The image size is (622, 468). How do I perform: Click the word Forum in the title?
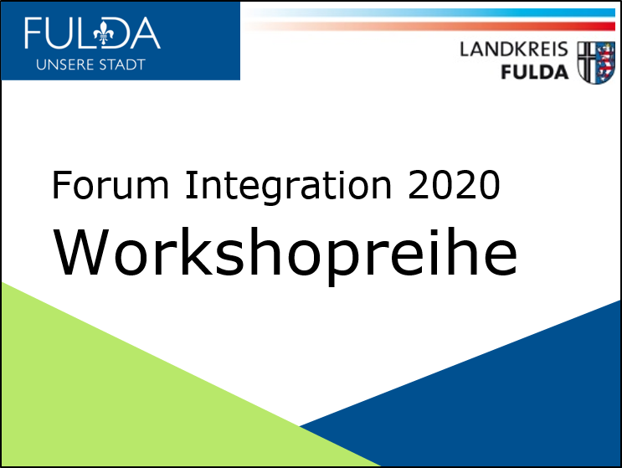111,184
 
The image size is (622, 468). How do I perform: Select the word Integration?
288,188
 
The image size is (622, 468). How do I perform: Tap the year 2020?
454,185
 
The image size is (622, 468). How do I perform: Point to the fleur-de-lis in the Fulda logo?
104,33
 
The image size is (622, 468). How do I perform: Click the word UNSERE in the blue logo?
64,64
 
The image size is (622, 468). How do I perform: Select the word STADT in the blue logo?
122,64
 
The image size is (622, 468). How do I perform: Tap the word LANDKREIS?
514,49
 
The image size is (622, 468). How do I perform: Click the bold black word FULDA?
535,73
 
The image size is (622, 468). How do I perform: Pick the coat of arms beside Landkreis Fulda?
596,62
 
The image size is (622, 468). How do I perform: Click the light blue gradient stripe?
430,13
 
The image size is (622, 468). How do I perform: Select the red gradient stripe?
430,27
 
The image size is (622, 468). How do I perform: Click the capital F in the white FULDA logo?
32,33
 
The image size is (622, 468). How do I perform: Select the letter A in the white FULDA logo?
145,33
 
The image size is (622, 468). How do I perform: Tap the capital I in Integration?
192,184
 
